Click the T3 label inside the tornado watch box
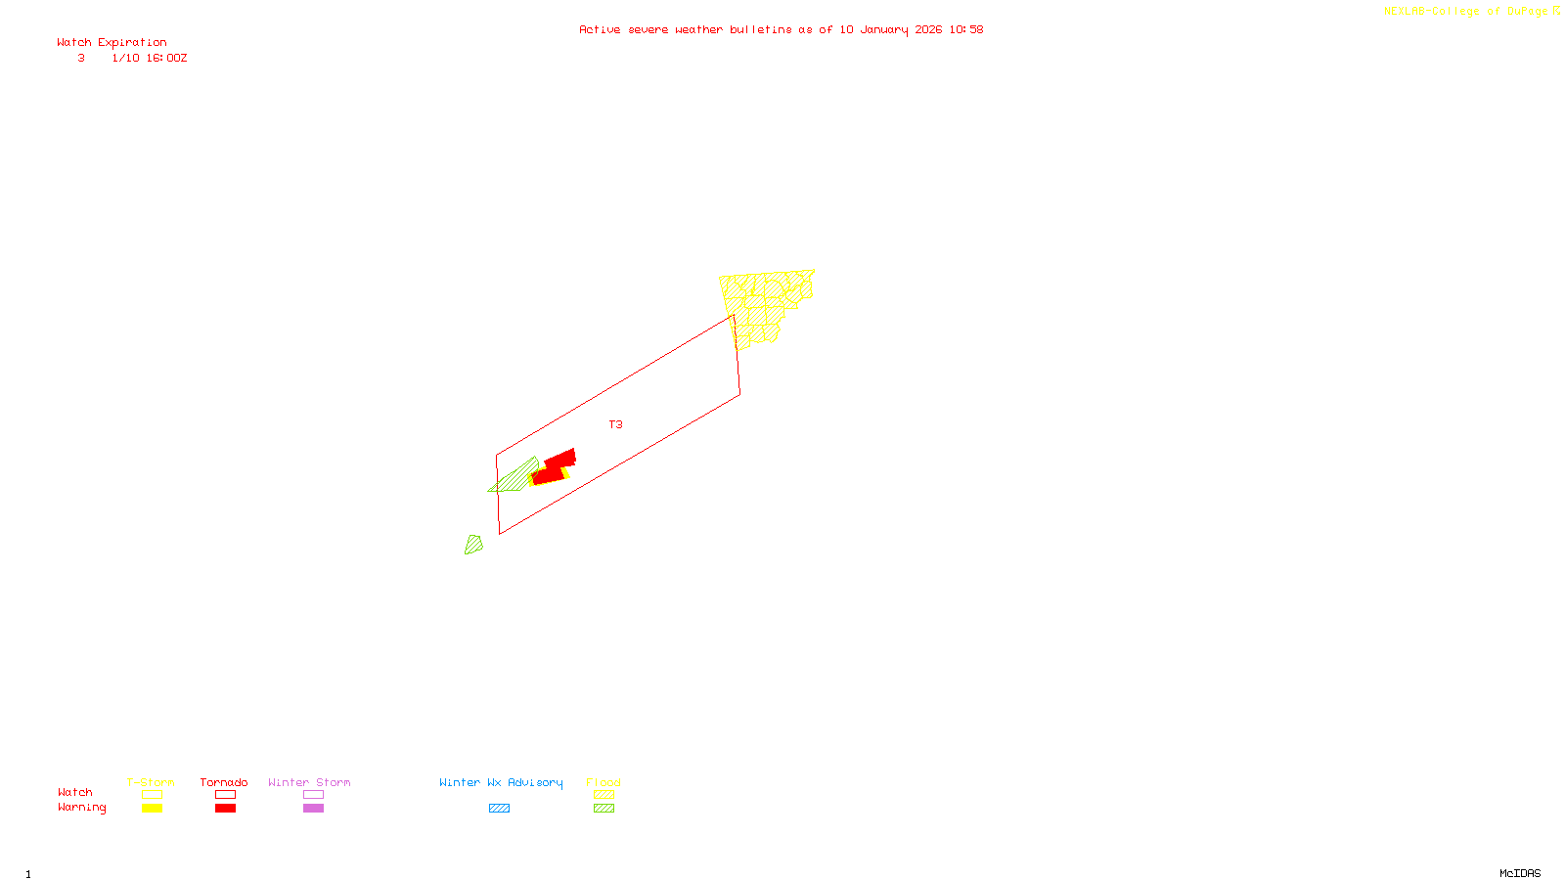coord(615,424)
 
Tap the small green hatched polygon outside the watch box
coord(473,545)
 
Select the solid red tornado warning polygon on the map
coord(554,468)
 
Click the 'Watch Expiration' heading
coord(112,42)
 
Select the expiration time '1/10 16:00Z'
coord(149,58)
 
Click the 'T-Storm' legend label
coord(151,782)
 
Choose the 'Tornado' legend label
coord(224,782)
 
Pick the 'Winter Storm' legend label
coord(309,782)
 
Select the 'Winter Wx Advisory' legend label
coord(501,782)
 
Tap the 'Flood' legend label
coord(604,782)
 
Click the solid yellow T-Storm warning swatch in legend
coord(152,809)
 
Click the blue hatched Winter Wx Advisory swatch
coord(499,809)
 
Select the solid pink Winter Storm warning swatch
coord(313,809)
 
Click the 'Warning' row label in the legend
coord(81,808)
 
